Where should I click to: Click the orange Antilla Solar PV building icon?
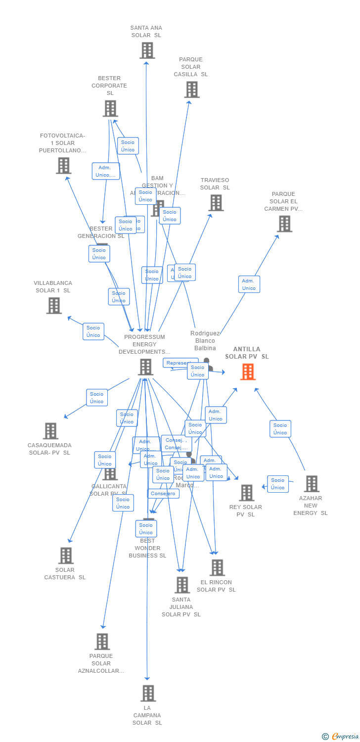248,371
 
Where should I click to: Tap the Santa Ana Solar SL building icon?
147,50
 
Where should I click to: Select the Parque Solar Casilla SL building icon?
192,90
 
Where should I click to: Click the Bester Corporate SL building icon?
110,108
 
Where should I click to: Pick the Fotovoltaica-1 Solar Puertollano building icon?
63,166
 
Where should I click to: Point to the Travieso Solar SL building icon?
216,203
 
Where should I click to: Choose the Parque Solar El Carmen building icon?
284,224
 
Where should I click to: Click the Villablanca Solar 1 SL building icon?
54,305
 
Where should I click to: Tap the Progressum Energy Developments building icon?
145,367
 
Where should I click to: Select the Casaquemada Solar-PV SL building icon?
50,431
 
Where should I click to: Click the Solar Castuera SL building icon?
66,556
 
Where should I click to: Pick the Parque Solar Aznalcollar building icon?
102,642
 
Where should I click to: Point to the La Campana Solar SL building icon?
148,694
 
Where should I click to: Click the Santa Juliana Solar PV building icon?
182,585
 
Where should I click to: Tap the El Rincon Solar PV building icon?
217,568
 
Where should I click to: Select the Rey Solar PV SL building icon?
246,493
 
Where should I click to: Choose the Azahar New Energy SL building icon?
311,484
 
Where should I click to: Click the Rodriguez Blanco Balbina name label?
205,341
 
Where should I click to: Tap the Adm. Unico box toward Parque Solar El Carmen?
249,284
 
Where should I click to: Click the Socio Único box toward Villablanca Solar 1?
93,331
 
